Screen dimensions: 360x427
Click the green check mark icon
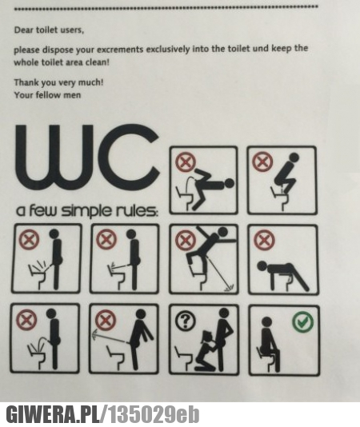pos(302,323)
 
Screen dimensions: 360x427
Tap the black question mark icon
pos(186,321)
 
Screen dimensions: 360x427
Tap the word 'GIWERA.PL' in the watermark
pos(53,414)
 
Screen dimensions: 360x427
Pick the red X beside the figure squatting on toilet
pos(262,162)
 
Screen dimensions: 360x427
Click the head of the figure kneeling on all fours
pos(262,265)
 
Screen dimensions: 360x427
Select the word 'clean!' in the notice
pos(98,62)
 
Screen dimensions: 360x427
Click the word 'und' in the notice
pos(261,49)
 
